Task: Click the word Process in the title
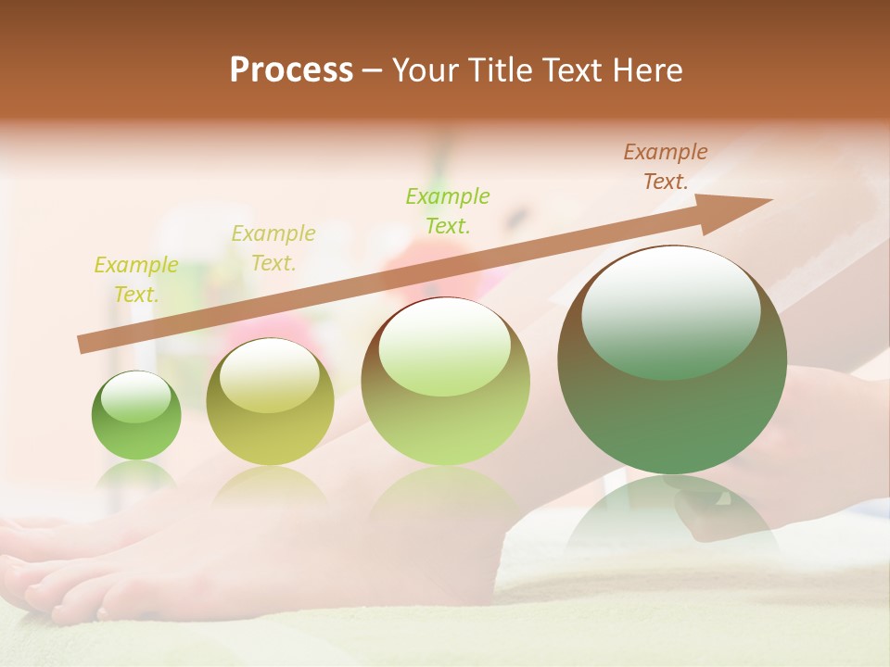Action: pyautogui.click(x=291, y=70)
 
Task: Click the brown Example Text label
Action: pyautogui.click(x=665, y=167)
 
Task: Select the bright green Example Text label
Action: pyautogui.click(x=448, y=210)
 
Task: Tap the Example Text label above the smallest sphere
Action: pyautogui.click(x=136, y=279)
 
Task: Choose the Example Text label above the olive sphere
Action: pyautogui.click(x=273, y=248)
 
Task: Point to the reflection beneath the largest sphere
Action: pyautogui.click(x=672, y=514)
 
